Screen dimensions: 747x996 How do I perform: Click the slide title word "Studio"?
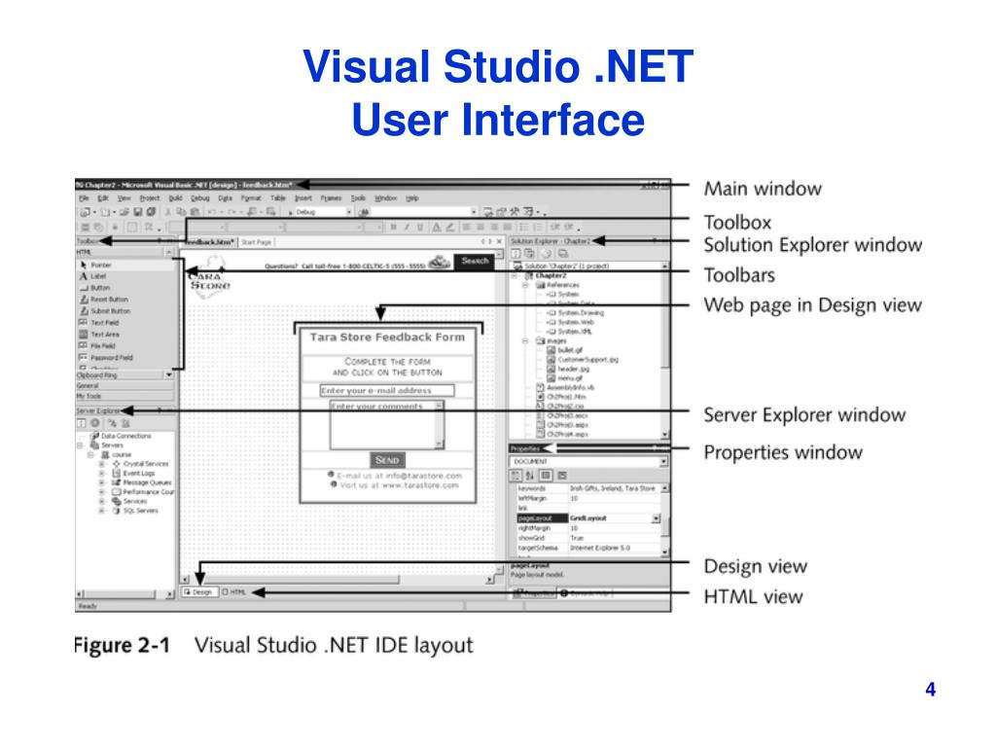pos(509,68)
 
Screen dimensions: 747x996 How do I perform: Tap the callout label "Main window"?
pos(763,188)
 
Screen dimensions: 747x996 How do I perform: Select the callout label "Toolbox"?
pos(737,222)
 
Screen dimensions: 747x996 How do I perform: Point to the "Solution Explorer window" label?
pos(813,244)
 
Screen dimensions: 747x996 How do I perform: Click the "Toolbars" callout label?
pos(740,275)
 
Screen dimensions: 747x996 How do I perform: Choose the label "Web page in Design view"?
pos(812,305)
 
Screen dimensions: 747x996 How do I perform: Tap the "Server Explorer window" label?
pos(804,415)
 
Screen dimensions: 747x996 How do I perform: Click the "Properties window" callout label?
pos(783,452)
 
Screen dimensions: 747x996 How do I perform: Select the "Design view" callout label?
pos(755,566)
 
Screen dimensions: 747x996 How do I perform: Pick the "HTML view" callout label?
pos(754,596)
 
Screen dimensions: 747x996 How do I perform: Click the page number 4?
pos(931,691)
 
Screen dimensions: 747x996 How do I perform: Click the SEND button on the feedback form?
pos(386,459)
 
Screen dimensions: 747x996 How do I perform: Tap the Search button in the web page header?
pos(475,262)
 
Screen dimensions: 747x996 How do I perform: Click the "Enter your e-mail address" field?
pos(387,391)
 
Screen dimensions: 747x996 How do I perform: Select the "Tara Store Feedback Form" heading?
pos(387,338)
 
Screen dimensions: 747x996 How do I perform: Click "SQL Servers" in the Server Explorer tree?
pos(140,510)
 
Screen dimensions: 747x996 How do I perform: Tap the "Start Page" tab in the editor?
pos(257,241)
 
